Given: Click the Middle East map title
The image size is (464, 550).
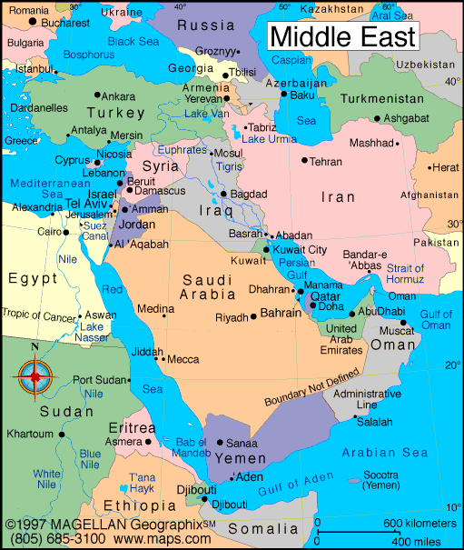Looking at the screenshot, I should tap(343, 36).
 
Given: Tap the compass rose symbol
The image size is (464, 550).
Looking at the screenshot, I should tap(36, 373).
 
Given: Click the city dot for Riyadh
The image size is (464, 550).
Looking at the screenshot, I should tap(253, 316).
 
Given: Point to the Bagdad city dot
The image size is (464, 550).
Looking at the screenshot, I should tap(223, 194).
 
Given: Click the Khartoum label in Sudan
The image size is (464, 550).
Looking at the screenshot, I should tap(30, 434).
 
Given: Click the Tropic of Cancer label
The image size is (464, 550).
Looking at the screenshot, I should tap(40, 315).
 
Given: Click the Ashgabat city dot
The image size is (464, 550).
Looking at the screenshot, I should tap(375, 118).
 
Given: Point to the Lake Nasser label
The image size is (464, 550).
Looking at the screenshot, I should tap(93, 332).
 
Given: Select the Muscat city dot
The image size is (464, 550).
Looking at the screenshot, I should tap(402, 322).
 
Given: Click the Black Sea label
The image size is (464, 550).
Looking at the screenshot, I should tap(133, 41).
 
